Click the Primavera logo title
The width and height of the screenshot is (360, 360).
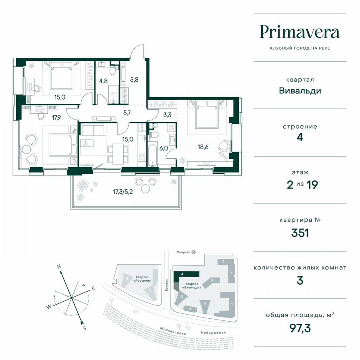[300, 32]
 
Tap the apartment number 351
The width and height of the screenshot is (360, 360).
[300, 232]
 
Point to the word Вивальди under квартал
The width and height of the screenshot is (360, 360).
[300, 90]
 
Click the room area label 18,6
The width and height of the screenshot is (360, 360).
[204, 147]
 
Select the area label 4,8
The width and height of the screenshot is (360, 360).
[103, 82]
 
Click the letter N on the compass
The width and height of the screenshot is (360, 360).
[60, 265]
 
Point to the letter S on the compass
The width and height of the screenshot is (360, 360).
[85, 327]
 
